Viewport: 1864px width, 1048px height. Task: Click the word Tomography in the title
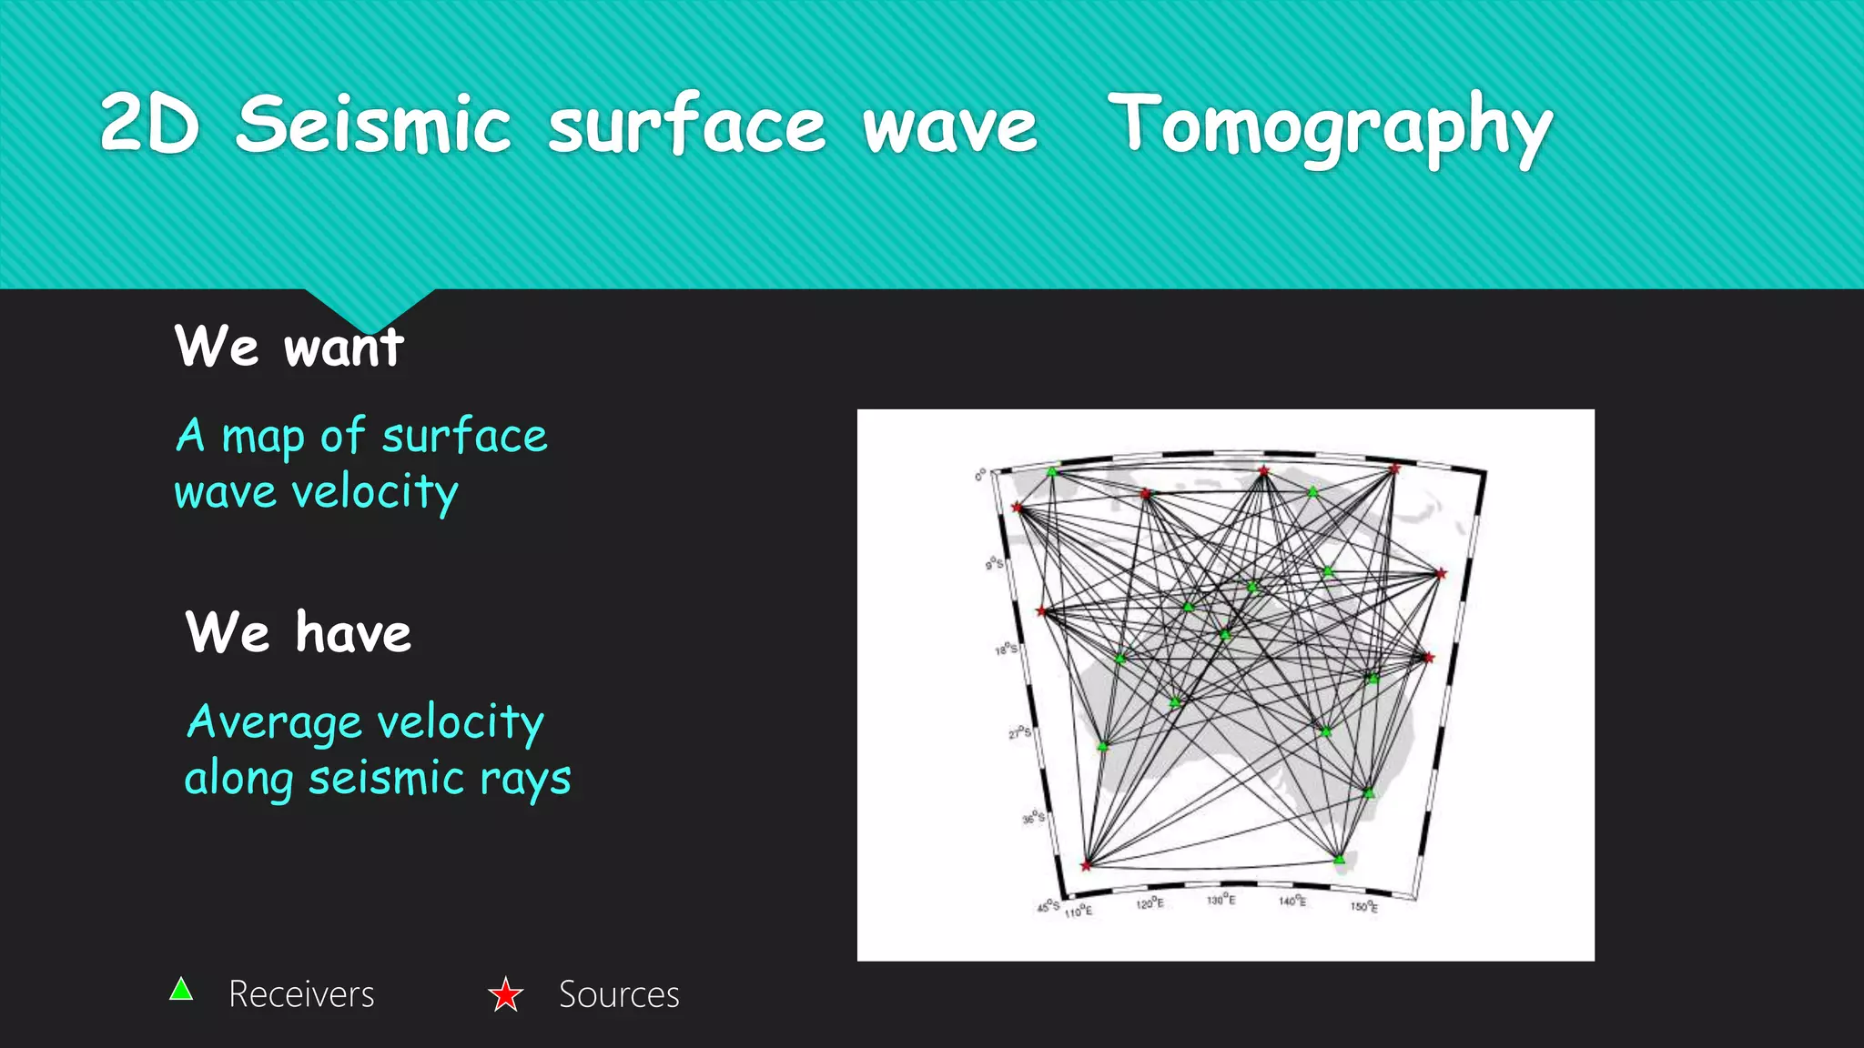(1330, 127)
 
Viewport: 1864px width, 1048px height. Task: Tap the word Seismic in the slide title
(373, 125)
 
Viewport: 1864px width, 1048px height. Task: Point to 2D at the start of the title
(149, 125)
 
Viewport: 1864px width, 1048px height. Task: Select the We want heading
(289, 347)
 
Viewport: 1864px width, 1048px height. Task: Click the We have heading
(299, 632)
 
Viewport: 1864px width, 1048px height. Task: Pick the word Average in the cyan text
(274, 722)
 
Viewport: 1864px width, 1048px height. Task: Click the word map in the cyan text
(262, 437)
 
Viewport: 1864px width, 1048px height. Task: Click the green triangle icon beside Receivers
(181, 990)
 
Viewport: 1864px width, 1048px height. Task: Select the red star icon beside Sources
(505, 994)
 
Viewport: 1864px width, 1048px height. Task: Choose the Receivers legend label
(301, 994)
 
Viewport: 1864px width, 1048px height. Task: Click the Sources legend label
(619, 994)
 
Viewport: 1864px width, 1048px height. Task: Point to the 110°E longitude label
(1079, 911)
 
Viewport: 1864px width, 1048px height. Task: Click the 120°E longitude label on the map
(1150, 903)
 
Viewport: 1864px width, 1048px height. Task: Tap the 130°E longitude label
(1221, 900)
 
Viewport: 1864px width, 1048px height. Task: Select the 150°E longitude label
(1363, 906)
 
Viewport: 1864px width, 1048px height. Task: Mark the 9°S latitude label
(995, 564)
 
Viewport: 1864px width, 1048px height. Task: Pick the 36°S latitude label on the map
(1033, 818)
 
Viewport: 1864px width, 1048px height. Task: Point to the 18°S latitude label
(1006, 650)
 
